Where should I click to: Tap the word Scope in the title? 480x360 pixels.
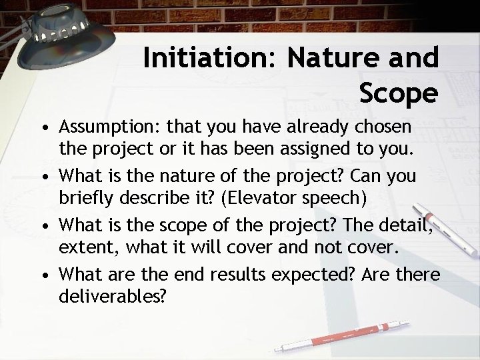(x=398, y=93)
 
